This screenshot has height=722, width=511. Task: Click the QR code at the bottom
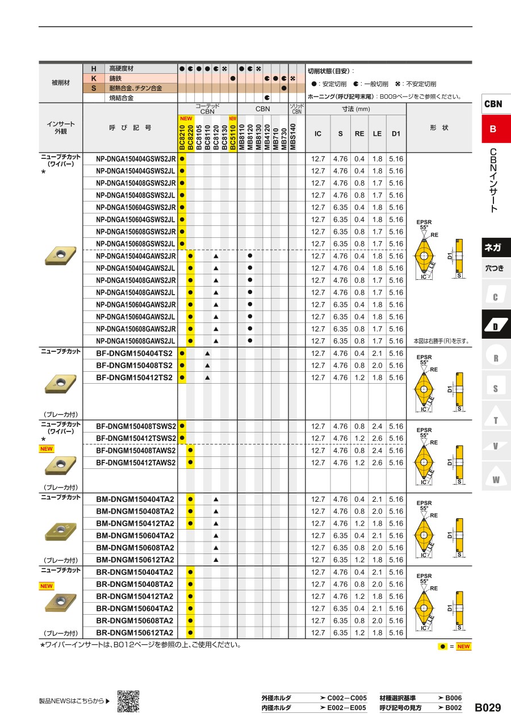[128, 701]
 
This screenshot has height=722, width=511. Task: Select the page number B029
[488, 707]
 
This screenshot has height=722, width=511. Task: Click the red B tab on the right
[493, 129]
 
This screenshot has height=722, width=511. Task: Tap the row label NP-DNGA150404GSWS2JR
[136, 159]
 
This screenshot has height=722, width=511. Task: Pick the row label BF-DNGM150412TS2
[135, 377]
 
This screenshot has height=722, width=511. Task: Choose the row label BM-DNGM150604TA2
[135, 535]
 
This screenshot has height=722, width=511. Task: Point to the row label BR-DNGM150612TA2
[135, 633]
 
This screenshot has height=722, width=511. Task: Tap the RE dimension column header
[359, 134]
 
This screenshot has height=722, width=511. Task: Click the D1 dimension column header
[396, 134]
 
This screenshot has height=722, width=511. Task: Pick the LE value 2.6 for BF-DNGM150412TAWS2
[377, 463]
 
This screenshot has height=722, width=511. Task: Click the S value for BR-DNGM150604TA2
[340, 608]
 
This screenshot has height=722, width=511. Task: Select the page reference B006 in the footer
[453, 698]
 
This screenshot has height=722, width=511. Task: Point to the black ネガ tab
[493, 247]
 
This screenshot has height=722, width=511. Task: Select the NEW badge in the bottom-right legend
[464, 647]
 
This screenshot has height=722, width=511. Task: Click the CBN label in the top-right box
[493, 104]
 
